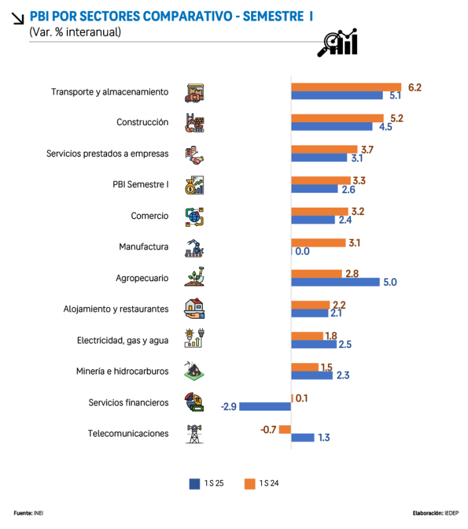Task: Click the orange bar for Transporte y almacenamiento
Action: (x=346, y=87)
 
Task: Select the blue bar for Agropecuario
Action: (x=336, y=282)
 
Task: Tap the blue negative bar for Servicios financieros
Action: (x=265, y=407)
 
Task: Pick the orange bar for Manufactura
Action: (x=319, y=243)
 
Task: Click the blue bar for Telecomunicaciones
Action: (x=303, y=438)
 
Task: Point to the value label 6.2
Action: (x=414, y=87)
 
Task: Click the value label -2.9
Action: (x=229, y=407)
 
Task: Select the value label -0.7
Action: (x=268, y=429)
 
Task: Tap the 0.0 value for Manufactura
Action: (x=302, y=251)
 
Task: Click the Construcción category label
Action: (x=142, y=122)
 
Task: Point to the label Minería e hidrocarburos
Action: (x=122, y=372)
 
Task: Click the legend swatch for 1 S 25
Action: (x=194, y=483)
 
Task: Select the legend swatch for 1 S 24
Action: (x=249, y=483)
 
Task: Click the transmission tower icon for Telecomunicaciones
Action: (x=194, y=434)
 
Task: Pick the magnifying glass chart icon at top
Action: (x=338, y=42)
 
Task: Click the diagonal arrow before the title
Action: (x=19, y=19)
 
